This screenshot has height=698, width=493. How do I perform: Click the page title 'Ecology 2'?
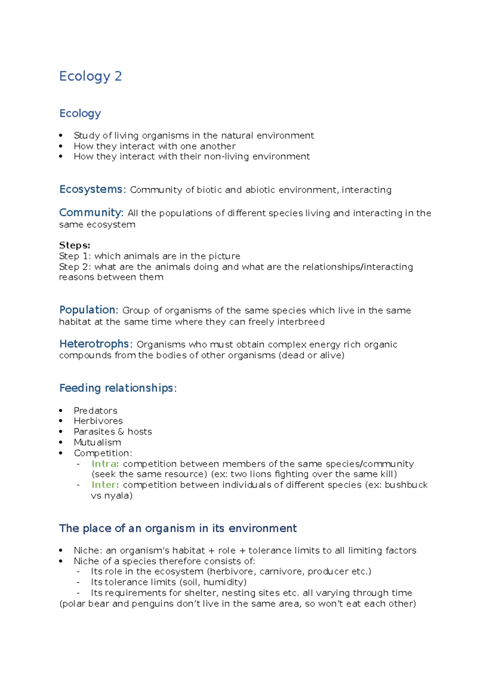click(x=90, y=76)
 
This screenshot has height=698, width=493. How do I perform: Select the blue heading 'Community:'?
click(x=91, y=213)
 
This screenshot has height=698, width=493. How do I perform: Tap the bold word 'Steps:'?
click(x=75, y=245)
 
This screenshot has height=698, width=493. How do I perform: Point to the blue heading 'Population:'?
click(x=89, y=310)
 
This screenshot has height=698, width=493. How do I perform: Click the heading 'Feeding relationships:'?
click(x=118, y=388)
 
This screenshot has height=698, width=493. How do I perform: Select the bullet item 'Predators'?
click(x=95, y=411)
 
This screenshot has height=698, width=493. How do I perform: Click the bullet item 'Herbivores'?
click(x=98, y=421)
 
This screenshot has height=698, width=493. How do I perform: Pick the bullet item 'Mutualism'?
click(x=97, y=442)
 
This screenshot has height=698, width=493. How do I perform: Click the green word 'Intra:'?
click(x=105, y=464)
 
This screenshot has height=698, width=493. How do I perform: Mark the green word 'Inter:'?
click(x=105, y=485)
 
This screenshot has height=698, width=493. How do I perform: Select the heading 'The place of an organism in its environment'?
click(x=177, y=528)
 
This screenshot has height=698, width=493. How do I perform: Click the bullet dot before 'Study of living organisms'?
click(x=61, y=135)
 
